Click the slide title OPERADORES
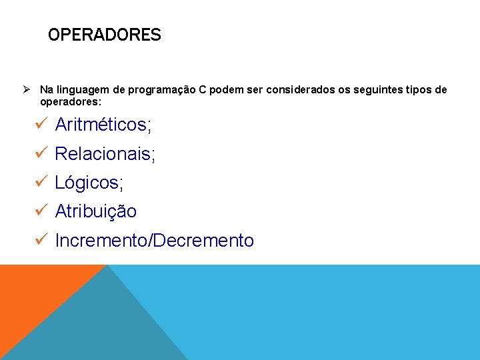pos(104,35)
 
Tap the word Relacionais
pos(105,154)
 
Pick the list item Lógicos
pos(89,183)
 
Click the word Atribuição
pos(96,211)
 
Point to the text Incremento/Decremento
pos(155,241)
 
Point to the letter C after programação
pos(203,90)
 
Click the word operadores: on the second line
pos(71,102)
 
